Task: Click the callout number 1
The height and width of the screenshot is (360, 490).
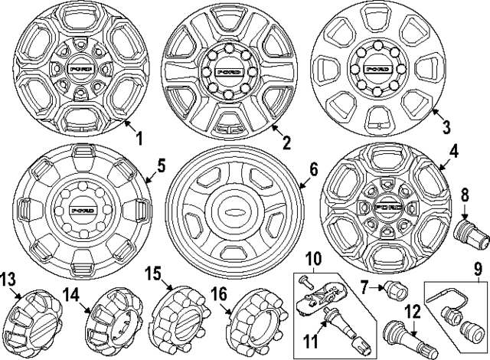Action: click(x=139, y=138)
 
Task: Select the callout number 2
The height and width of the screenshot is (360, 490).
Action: click(x=285, y=142)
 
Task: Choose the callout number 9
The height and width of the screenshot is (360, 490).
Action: click(x=479, y=268)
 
